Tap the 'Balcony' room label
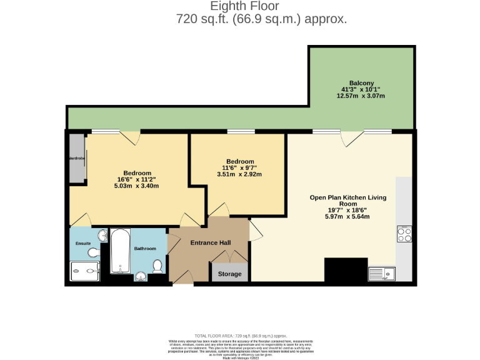click(x=361, y=83)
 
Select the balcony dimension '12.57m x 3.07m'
click(x=361, y=96)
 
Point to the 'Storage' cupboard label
click(x=229, y=274)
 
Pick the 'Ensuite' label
click(x=83, y=242)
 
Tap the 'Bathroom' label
click(x=145, y=249)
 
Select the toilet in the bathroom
click(x=158, y=266)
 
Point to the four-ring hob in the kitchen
click(x=404, y=234)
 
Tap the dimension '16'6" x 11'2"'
click(x=136, y=179)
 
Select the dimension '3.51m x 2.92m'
click(x=240, y=174)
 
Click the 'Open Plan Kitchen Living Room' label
click(x=347, y=201)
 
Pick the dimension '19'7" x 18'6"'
click(x=347, y=211)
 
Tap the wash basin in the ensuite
click(x=93, y=252)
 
